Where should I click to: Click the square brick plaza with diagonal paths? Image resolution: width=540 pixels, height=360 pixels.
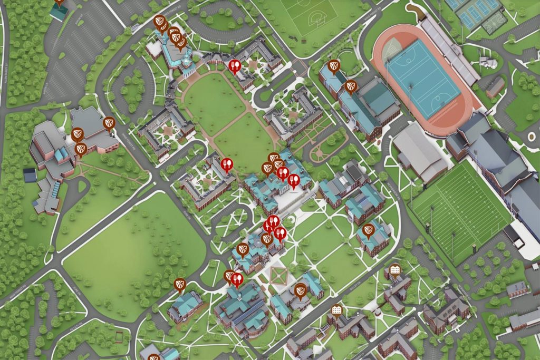point(278,275)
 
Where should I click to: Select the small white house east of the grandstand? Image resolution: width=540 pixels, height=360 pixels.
point(487,63)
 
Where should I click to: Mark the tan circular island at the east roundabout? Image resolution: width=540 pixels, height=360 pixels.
point(532,137)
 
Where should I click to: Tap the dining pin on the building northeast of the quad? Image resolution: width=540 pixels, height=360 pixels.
point(235,66)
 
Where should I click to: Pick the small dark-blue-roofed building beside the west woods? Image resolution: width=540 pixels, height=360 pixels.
point(30,175)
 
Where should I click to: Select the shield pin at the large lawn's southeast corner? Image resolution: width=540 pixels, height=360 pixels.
point(179,285)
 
